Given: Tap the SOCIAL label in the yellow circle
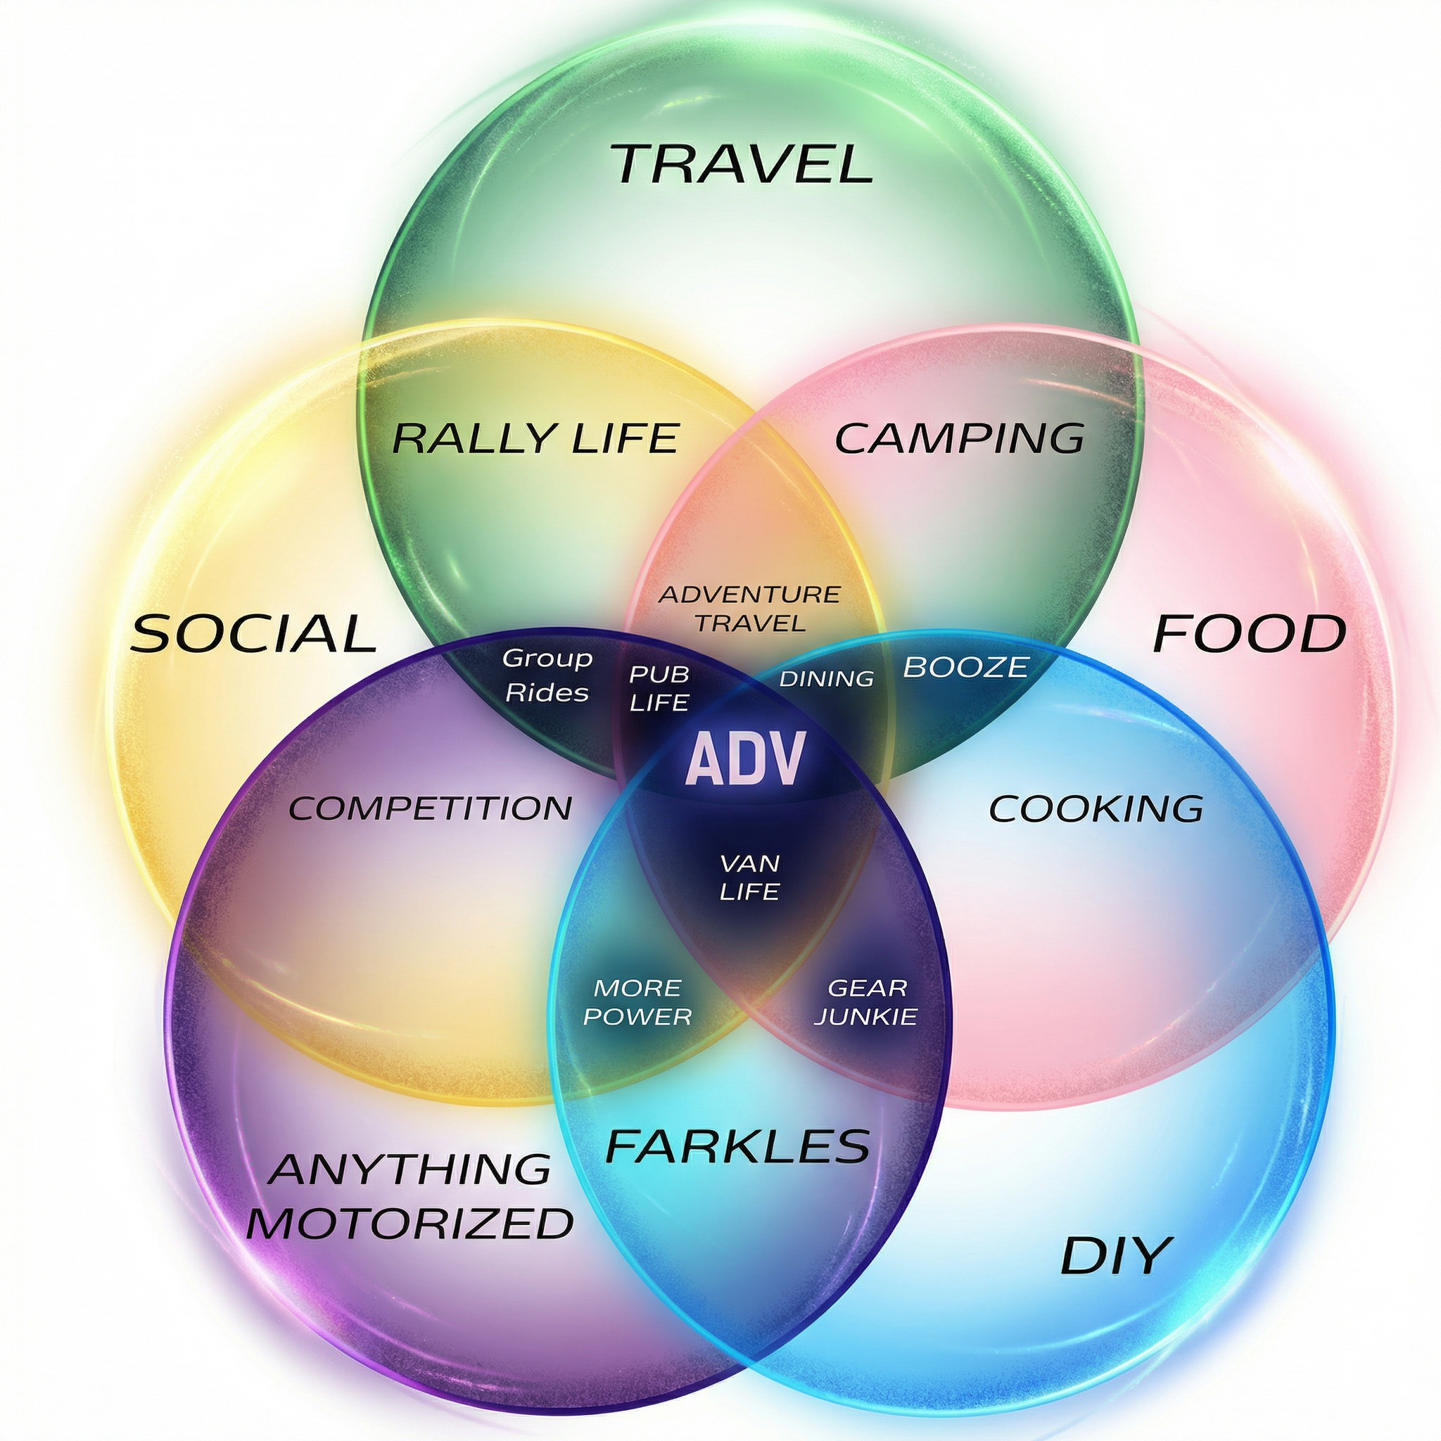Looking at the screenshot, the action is [253, 633].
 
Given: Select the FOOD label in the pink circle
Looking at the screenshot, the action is [1250, 633].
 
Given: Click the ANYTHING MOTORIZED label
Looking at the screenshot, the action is [410, 1196].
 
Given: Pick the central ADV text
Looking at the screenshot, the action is [745, 758].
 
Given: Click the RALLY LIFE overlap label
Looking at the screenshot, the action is [535, 438].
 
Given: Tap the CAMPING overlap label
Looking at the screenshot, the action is [959, 438].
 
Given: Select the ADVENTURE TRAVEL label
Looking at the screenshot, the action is [749, 608].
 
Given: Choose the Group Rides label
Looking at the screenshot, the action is [547, 675].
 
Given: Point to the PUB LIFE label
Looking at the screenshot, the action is [659, 687].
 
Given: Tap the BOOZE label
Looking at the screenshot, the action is [965, 667].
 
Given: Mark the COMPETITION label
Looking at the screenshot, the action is [431, 808].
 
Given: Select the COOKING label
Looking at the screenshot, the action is [1096, 808].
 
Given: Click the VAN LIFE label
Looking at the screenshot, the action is [749, 877].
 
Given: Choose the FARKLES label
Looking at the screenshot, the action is [737, 1146].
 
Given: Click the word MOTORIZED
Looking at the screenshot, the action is [410, 1223].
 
